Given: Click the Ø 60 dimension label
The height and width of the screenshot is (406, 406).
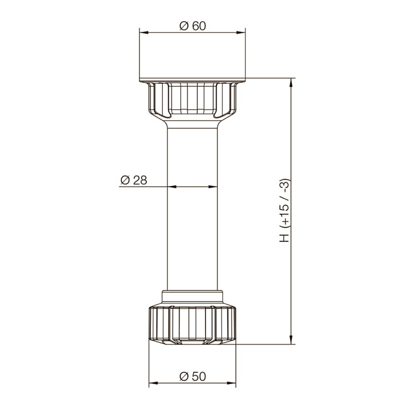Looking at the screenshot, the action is click(193, 26).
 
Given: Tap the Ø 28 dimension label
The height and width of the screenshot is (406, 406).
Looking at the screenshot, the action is click(134, 180).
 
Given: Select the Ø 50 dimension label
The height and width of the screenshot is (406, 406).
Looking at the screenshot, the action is click(193, 377).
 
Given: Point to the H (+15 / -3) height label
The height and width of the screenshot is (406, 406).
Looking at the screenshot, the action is click(284, 211).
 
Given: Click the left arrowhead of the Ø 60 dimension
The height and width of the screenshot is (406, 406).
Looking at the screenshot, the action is click(144, 32).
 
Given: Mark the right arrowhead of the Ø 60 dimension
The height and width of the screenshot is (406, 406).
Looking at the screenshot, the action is click(241, 32).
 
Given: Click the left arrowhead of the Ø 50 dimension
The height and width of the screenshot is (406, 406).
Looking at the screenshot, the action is click(153, 383).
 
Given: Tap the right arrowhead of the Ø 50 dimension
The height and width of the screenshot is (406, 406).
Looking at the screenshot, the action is click(232, 383).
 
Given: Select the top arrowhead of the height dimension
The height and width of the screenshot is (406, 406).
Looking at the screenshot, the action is click(291, 82).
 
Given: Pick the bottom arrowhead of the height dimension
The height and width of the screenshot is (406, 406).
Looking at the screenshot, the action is click(291, 340).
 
